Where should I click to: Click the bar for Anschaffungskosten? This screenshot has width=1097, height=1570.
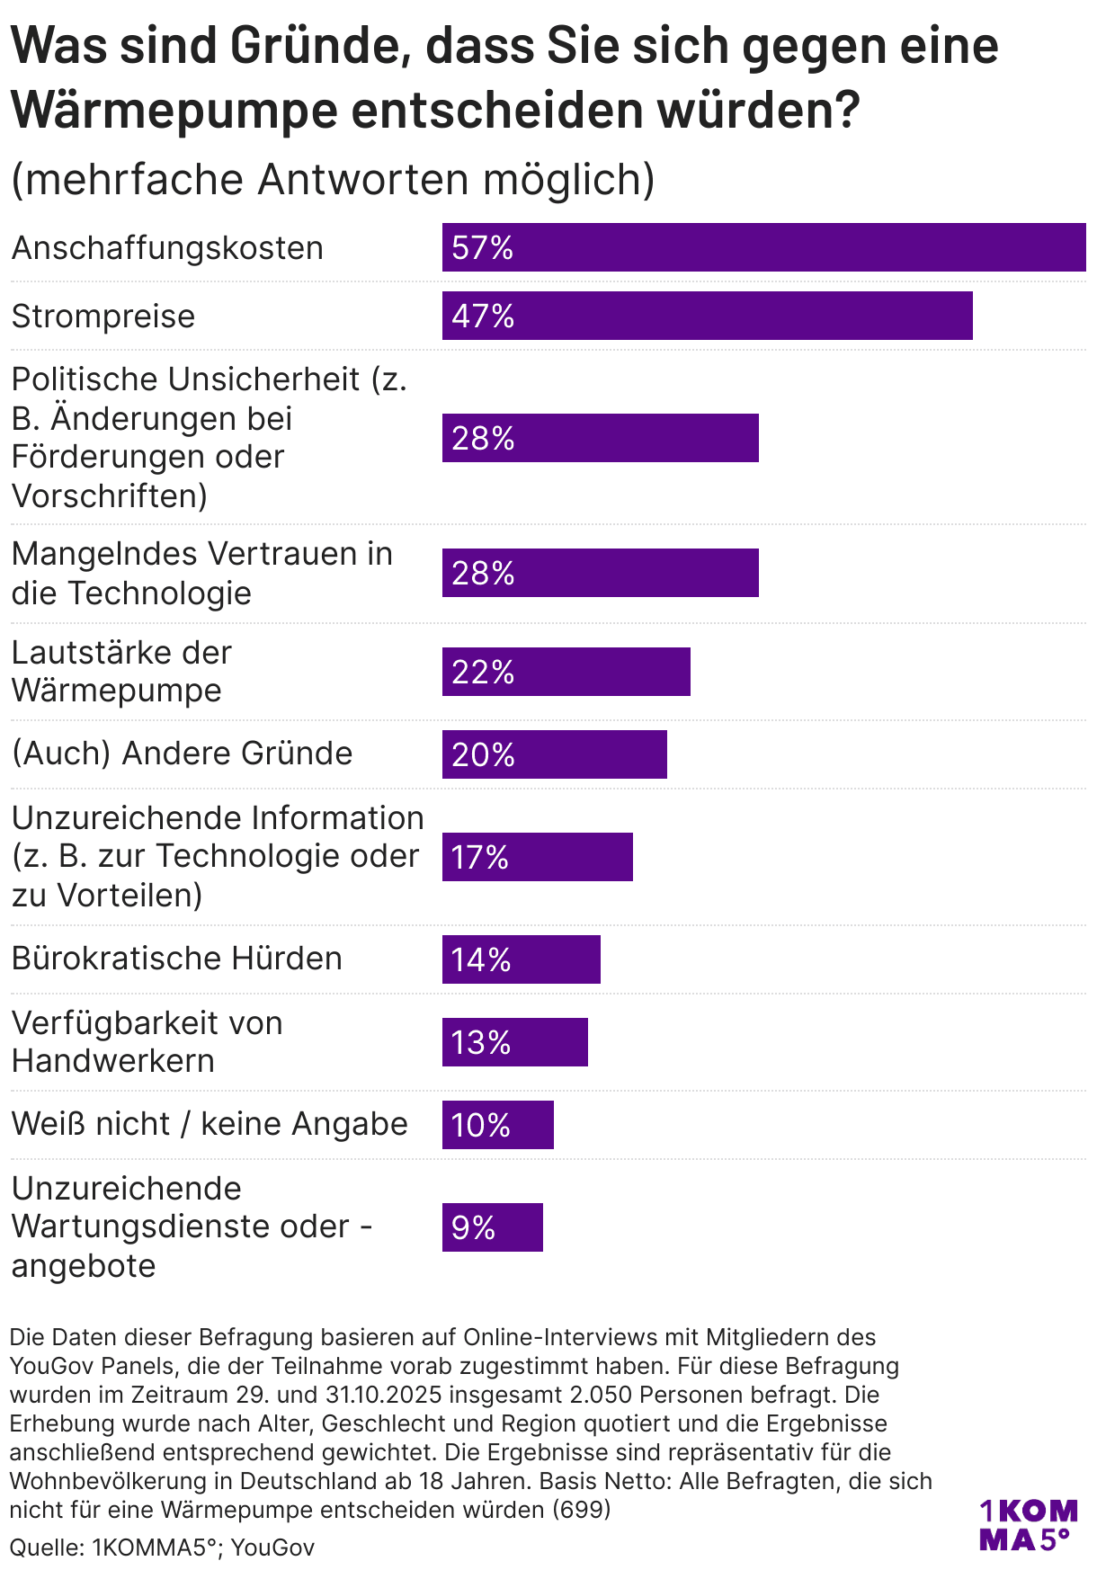coord(763,247)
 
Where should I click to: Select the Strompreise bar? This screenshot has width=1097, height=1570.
coord(707,316)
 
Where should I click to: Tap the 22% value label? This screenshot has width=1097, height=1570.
coord(483,672)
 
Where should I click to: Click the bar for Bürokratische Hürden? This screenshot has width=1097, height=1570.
coord(521,959)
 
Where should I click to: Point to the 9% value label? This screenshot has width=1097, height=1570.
coord(473,1227)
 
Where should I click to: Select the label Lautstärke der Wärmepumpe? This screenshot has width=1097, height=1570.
coord(121,672)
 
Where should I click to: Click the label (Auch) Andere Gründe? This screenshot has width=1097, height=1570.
coord(182,754)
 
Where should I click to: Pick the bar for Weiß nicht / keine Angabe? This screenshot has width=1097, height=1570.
coord(497,1125)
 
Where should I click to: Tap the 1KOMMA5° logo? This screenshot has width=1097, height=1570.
coord(1028,1525)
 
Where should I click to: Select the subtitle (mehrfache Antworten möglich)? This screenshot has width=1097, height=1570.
coord(333,179)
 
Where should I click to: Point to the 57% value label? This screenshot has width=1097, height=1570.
coord(483,247)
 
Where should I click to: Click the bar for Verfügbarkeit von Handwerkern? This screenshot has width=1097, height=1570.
coord(514,1042)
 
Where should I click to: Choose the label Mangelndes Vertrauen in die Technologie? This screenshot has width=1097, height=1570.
coord(201,574)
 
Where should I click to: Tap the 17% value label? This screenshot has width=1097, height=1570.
coord(480,857)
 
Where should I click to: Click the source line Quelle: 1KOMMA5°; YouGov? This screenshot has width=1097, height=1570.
coord(162,1548)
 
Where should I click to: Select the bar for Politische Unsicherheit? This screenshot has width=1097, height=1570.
coord(600,438)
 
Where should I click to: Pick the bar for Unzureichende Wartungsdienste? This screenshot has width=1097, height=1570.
coord(492,1227)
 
